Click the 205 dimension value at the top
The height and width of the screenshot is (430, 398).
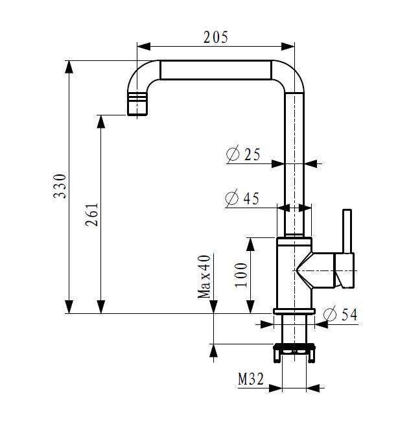pos(215,38)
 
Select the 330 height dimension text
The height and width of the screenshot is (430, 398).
pos(60,186)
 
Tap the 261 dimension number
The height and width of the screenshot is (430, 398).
pos(91,215)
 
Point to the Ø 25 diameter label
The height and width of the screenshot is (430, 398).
pos(243,154)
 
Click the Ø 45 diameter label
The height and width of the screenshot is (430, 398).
pos(242,198)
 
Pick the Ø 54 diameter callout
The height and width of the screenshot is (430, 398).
pos(340,314)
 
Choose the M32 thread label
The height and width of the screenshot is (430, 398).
pos(251,379)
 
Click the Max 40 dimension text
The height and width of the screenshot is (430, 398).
pos(204,276)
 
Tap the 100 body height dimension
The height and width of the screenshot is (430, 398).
pos(241,275)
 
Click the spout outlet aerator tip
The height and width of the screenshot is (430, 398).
pos(137,104)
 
